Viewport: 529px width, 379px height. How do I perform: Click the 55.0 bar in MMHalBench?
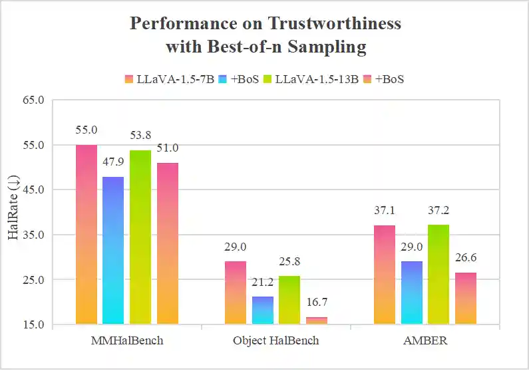pos(87,234)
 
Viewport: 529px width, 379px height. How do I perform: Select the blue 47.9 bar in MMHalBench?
pos(113,250)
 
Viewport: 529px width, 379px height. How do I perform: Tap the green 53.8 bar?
pos(140,237)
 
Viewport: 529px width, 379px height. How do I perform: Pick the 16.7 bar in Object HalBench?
pos(316,320)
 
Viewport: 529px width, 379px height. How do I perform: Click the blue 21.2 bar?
pos(262,310)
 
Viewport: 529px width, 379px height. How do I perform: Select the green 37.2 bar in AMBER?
pos(439,274)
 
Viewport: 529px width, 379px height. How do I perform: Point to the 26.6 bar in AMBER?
pos(466,298)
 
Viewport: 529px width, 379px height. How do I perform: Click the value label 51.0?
pos(167,148)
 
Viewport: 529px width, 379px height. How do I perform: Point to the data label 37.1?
pos(385,211)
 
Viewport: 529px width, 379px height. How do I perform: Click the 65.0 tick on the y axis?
pos(33,100)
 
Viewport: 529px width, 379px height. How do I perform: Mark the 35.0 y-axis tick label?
pos(33,235)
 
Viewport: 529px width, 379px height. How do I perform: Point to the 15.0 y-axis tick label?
pos(33,324)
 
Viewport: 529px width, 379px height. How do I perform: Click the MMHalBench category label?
pos(127,340)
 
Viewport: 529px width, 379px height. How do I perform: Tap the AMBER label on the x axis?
pos(425,340)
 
